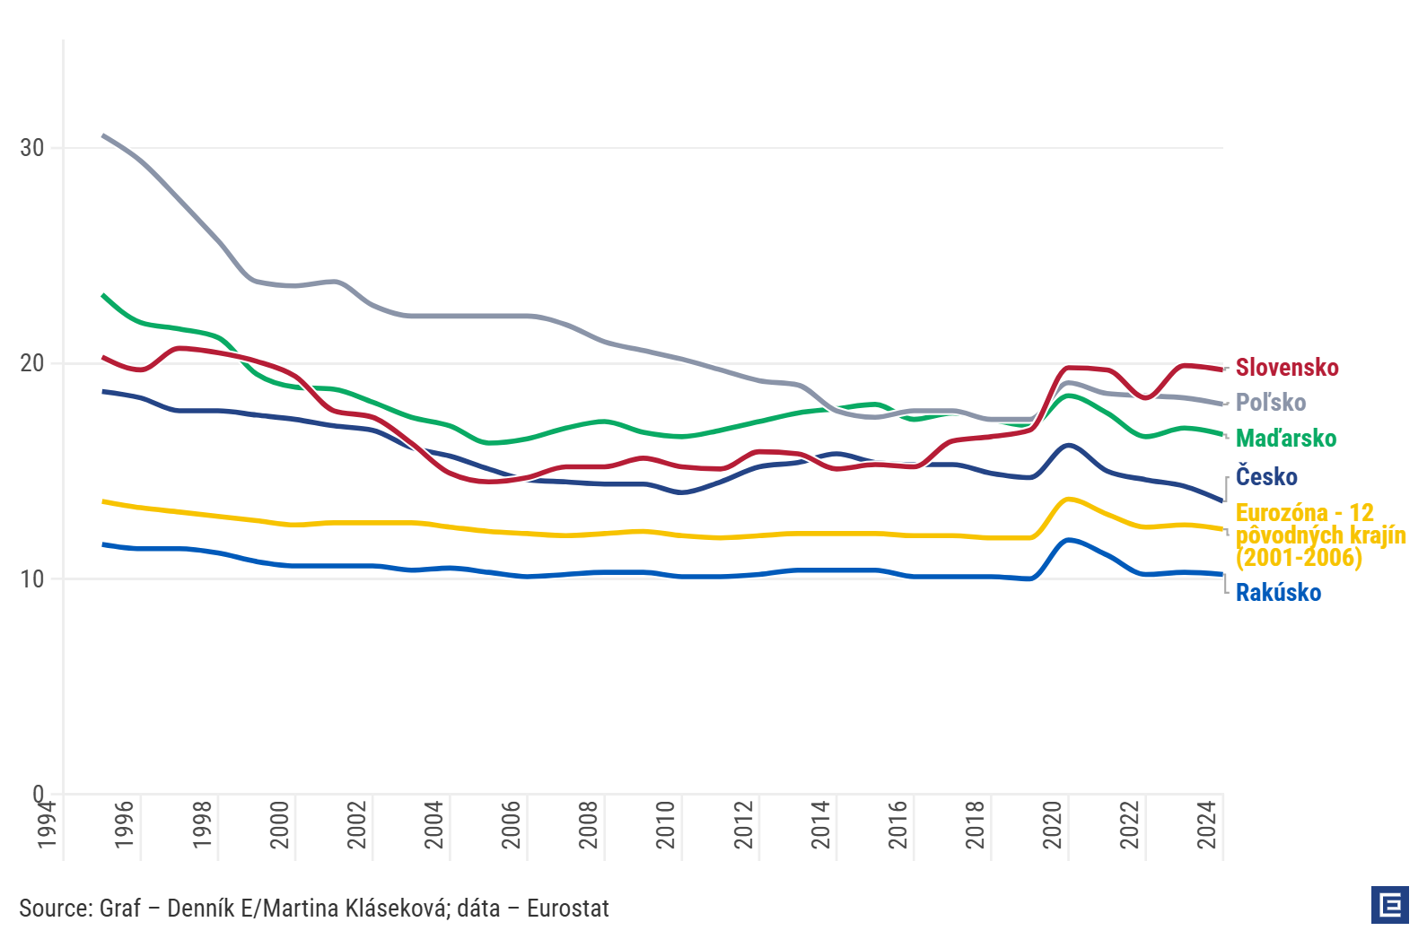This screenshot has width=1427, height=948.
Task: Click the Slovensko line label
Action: [x=1287, y=368]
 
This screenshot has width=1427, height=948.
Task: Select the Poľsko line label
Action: [x=1271, y=403]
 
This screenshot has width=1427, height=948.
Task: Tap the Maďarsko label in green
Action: [x=1285, y=438]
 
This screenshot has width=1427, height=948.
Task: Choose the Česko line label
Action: [x=1266, y=476]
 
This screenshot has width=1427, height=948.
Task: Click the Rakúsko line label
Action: [x=1278, y=593]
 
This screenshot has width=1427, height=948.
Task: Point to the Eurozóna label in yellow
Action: [x=1320, y=535]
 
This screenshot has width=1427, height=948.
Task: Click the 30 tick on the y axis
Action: [x=31, y=148]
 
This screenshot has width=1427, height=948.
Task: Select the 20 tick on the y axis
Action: [x=31, y=363]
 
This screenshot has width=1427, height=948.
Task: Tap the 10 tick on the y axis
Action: [x=31, y=579]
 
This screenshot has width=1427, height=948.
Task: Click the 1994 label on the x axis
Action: [x=47, y=825]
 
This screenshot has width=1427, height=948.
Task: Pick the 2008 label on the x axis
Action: [x=588, y=825]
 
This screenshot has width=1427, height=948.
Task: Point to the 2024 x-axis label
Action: [x=1206, y=825]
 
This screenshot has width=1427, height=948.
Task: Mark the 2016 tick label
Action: [x=897, y=825]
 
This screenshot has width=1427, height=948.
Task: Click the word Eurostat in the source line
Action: [x=567, y=909]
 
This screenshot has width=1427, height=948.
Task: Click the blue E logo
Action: [x=1390, y=905]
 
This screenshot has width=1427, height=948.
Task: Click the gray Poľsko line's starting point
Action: [x=103, y=135]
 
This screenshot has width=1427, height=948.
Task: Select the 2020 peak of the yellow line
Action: [x=1068, y=500]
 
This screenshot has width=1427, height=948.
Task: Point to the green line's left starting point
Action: [x=103, y=295]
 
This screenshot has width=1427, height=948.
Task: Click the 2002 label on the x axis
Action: [x=356, y=825]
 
